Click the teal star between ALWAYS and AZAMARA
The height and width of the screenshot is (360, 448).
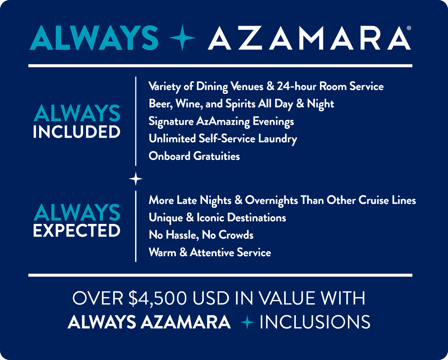pyautogui.click(x=182, y=37)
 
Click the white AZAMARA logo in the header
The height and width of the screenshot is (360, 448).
pyautogui.click(x=309, y=38)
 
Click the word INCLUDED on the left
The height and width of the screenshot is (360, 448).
pyautogui.click(x=77, y=132)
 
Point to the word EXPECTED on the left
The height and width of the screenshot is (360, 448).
pyautogui.click(x=77, y=231)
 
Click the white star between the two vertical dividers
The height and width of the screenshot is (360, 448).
pyautogui.click(x=136, y=180)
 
